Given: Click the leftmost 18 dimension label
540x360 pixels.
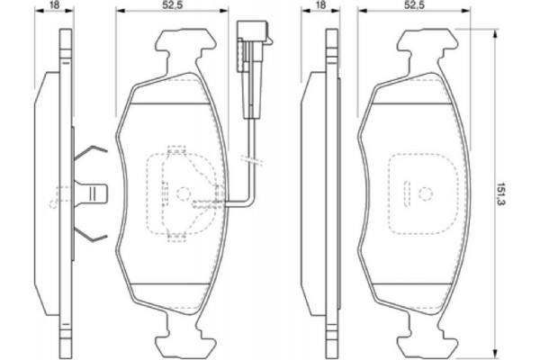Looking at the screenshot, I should click(56, 7).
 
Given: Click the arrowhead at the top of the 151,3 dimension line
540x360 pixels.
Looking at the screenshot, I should click(496, 34).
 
